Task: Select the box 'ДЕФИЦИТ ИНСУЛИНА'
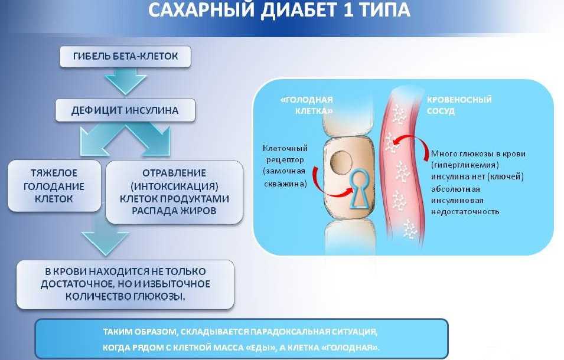125,110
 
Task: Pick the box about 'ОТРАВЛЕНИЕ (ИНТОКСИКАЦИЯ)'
174,192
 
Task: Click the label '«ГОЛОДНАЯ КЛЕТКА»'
307,104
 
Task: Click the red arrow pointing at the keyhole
322,181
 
